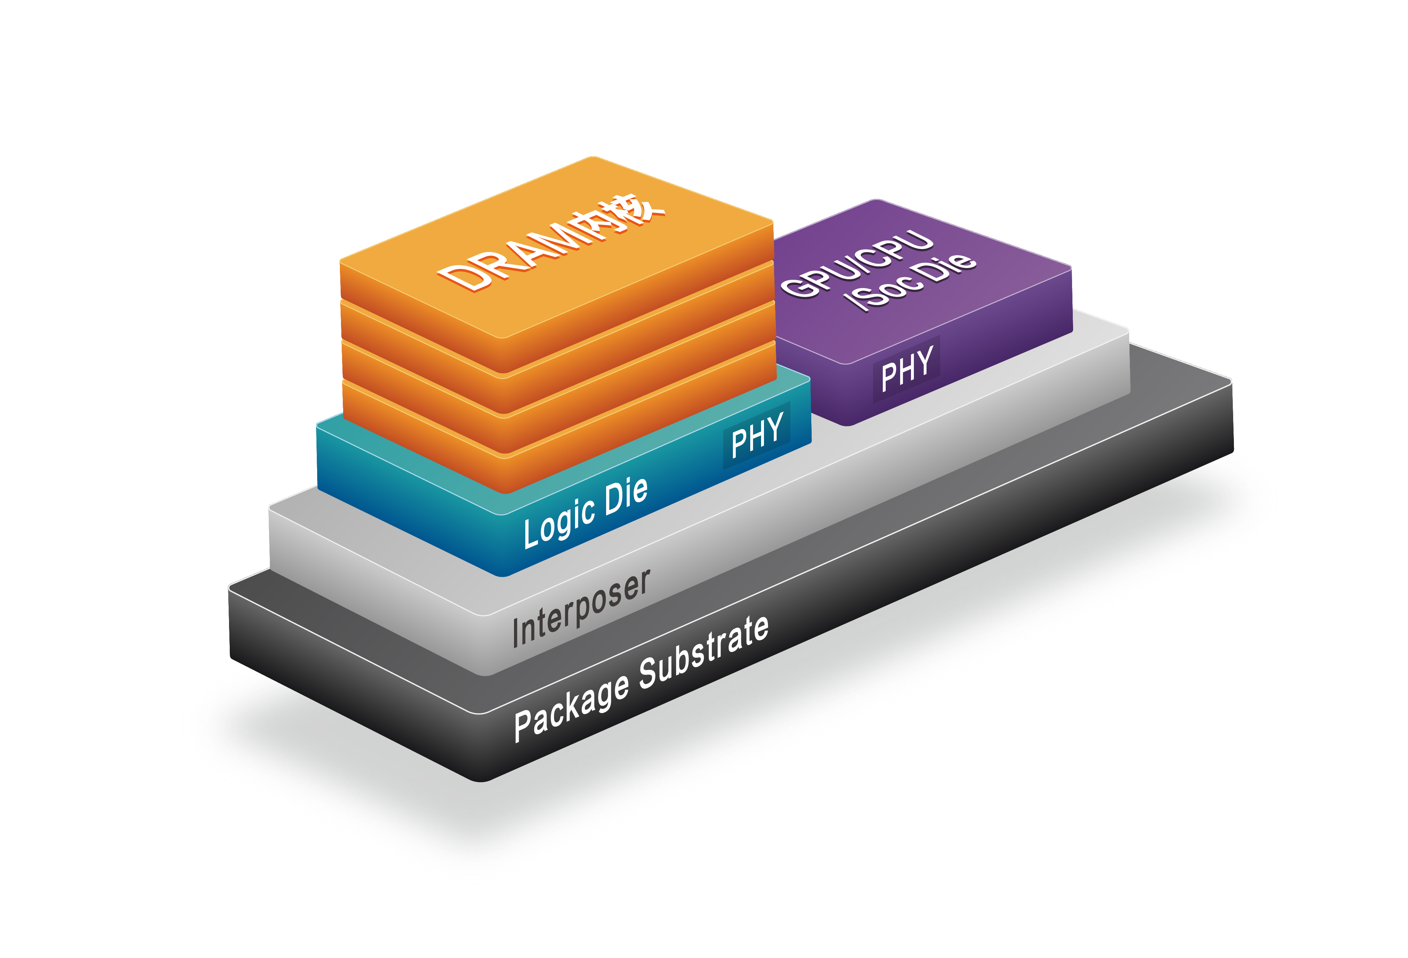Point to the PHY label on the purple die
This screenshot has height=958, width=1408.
(906, 368)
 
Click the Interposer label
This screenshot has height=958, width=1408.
(581, 609)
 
